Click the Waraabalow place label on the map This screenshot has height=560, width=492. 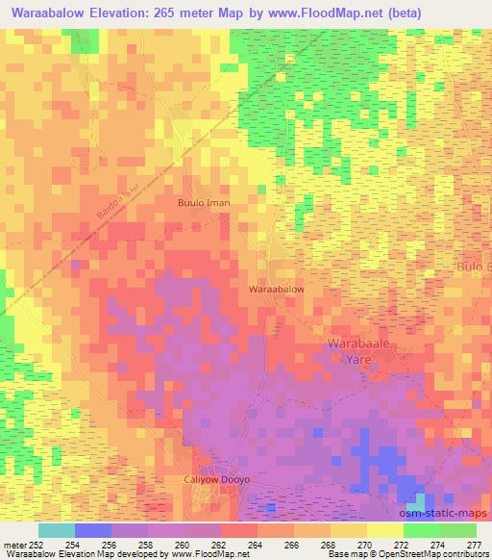tap(277, 289)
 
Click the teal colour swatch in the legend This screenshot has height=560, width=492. tap(56, 530)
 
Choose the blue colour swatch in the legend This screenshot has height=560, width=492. tap(92, 530)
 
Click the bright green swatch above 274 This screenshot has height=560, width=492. tap(421, 530)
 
